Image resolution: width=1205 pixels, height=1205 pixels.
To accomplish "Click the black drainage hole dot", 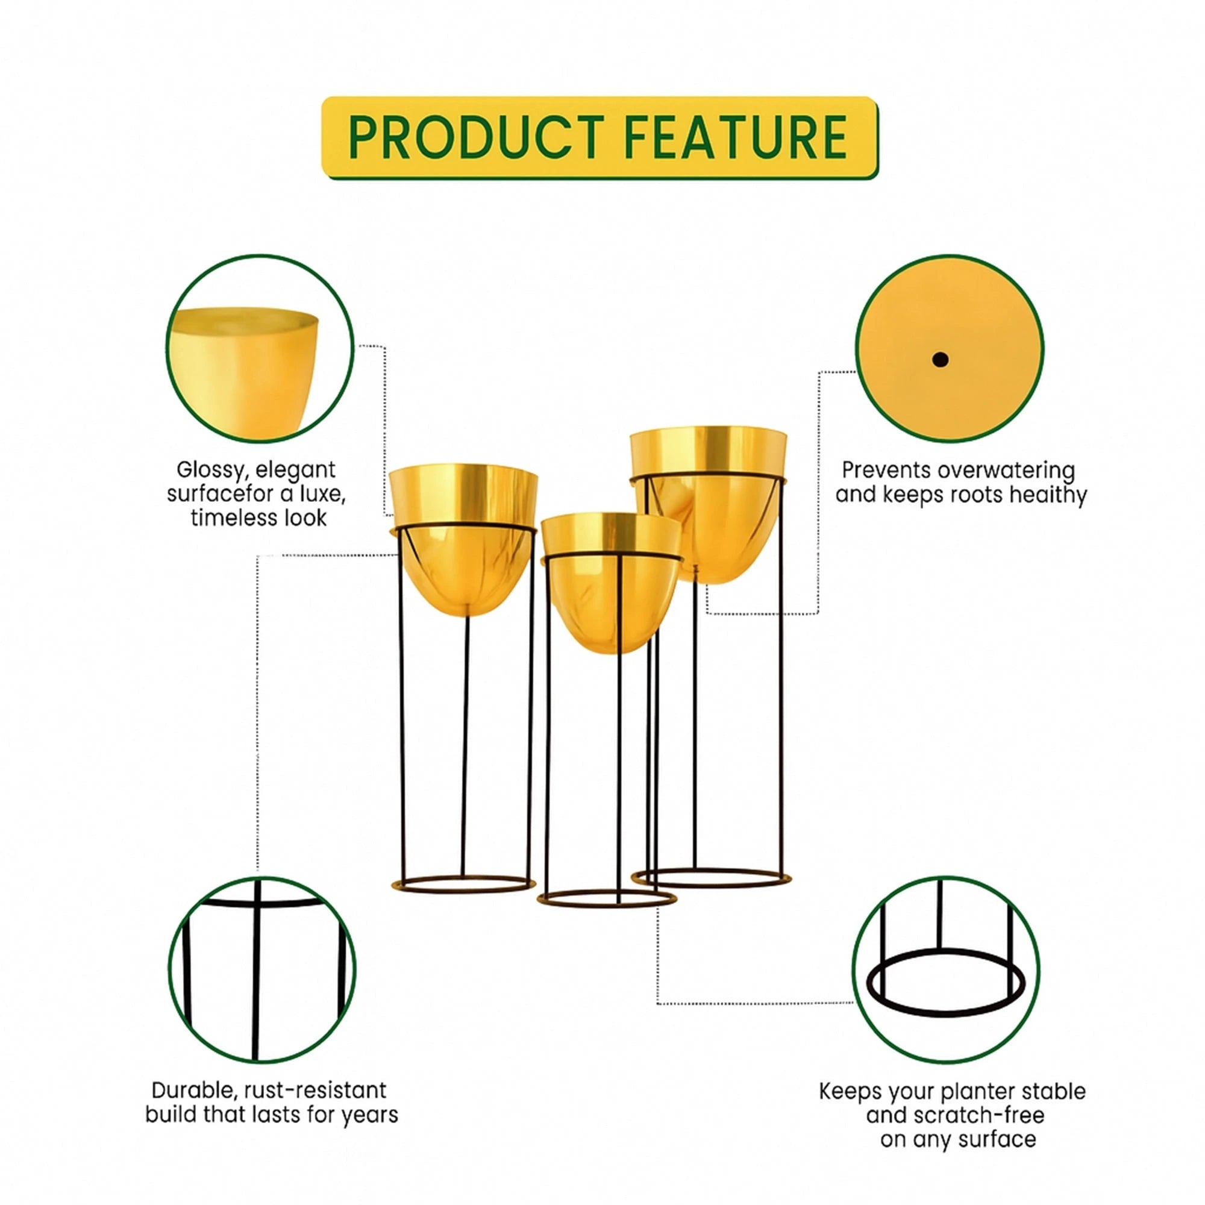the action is [941, 359].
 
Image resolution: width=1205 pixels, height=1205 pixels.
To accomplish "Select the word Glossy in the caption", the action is [213, 471].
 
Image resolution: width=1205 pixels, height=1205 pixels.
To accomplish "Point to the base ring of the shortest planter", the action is [607, 906].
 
